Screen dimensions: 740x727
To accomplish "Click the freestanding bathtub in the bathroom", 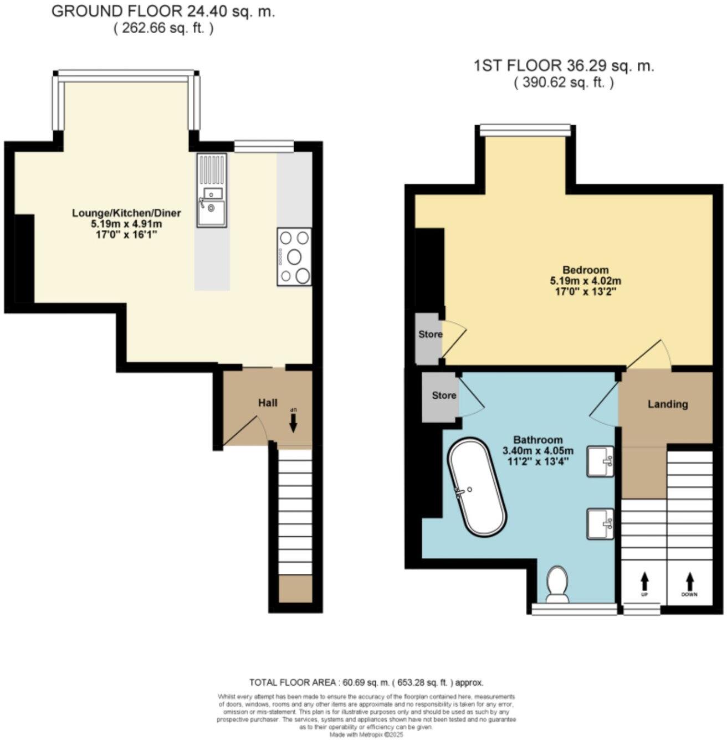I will click(x=477, y=487).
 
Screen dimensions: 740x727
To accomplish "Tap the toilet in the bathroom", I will click(x=556, y=585).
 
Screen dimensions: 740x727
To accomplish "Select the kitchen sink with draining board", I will click(x=211, y=191).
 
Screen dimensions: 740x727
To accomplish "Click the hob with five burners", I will click(x=294, y=257).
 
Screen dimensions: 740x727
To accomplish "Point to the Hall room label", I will click(x=268, y=403).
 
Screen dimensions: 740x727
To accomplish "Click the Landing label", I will click(x=667, y=404).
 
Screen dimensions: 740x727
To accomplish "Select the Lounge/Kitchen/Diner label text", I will click(x=126, y=213).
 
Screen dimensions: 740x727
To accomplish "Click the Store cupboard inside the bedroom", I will click(x=430, y=335).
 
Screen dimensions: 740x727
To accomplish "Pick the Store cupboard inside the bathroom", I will click(x=443, y=395).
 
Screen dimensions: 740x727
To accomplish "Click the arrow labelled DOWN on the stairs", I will click(x=690, y=581).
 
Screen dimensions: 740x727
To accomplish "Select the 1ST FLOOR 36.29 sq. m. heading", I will click(x=564, y=66).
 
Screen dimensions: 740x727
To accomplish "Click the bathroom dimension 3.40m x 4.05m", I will click(x=537, y=450).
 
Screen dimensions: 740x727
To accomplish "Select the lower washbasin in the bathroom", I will click(x=601, y=523).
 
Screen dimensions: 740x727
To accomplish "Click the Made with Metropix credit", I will click(x=366, y=734).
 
